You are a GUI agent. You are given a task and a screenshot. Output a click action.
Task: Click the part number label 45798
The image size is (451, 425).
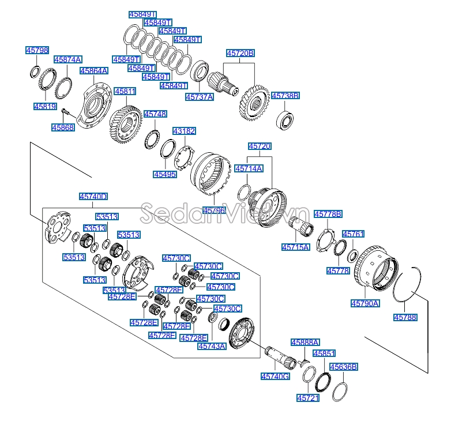coord(37,50)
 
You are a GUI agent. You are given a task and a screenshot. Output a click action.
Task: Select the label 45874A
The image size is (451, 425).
coord(68,59)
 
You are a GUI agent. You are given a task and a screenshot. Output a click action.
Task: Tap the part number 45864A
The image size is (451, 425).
coord(94,71)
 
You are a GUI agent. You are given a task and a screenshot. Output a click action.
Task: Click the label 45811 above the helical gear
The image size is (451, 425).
coord(125,92)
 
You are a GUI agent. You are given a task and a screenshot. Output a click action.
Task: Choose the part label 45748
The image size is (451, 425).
coord(155,114)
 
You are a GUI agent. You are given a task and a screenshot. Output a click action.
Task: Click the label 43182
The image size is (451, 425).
coord(184,131)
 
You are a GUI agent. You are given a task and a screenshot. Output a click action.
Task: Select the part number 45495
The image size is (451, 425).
coord(165,174)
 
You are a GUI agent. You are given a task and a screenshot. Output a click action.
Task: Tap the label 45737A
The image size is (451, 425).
coord(200,97)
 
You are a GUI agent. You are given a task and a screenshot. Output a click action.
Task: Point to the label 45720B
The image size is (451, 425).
coord(240,53)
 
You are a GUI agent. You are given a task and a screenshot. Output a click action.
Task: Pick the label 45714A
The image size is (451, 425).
coord(249,168)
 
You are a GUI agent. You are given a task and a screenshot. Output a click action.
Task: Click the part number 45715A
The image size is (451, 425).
coord(296,247)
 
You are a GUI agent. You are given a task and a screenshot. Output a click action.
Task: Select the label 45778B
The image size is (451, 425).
coord(328,214)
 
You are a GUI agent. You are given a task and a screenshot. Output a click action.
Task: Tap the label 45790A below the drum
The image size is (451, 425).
coord(365,303)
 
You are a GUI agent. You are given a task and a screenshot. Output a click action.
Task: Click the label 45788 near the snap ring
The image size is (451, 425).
coord(405,318)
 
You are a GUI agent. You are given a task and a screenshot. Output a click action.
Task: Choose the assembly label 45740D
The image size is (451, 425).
coord(93,197)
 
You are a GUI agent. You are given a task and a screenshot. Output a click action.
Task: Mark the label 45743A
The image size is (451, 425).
coord(212,346)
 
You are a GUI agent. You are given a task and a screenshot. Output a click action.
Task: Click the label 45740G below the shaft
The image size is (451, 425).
coord(275,376)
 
